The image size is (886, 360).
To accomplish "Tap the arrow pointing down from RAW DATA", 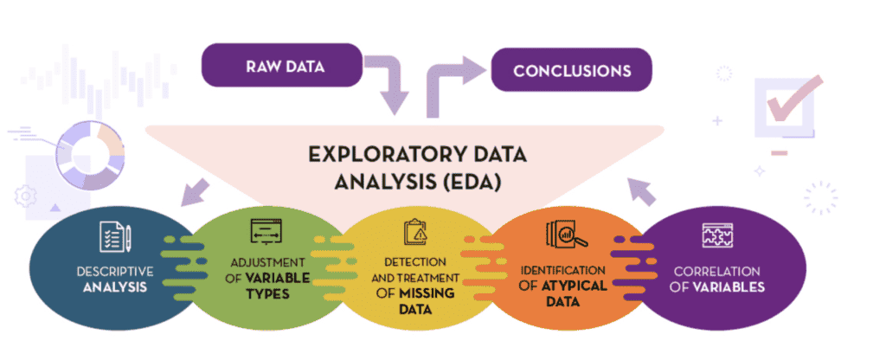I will click(x=387, y=87).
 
